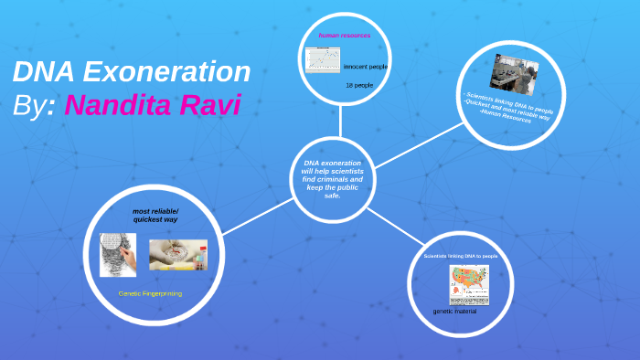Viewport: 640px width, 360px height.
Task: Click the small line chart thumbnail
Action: pyautogui.click(x=321, y=60)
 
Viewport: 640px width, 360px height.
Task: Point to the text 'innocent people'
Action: pyautogui.click(x=365, y=68)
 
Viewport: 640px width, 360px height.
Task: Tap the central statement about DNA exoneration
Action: pyautogui.click(x=332, y=179)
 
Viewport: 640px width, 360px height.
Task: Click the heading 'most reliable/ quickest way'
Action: pyautogui.click(x=155, y=216)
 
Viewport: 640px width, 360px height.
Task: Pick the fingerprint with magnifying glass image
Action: pyautogui.click(x=118, y=255)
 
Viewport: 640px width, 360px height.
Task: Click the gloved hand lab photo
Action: pyautogui.click(x=178, y=254)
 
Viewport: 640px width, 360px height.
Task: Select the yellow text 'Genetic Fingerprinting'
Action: pyautogui.click(x=150, y=293)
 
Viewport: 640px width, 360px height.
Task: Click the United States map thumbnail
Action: pyautogui.click(x=468, y=285)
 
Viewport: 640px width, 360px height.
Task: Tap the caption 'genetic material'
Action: pyautogui.click(x=454, y=312)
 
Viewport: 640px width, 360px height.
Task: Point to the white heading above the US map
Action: pyautogui.click(x=461, y=256)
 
